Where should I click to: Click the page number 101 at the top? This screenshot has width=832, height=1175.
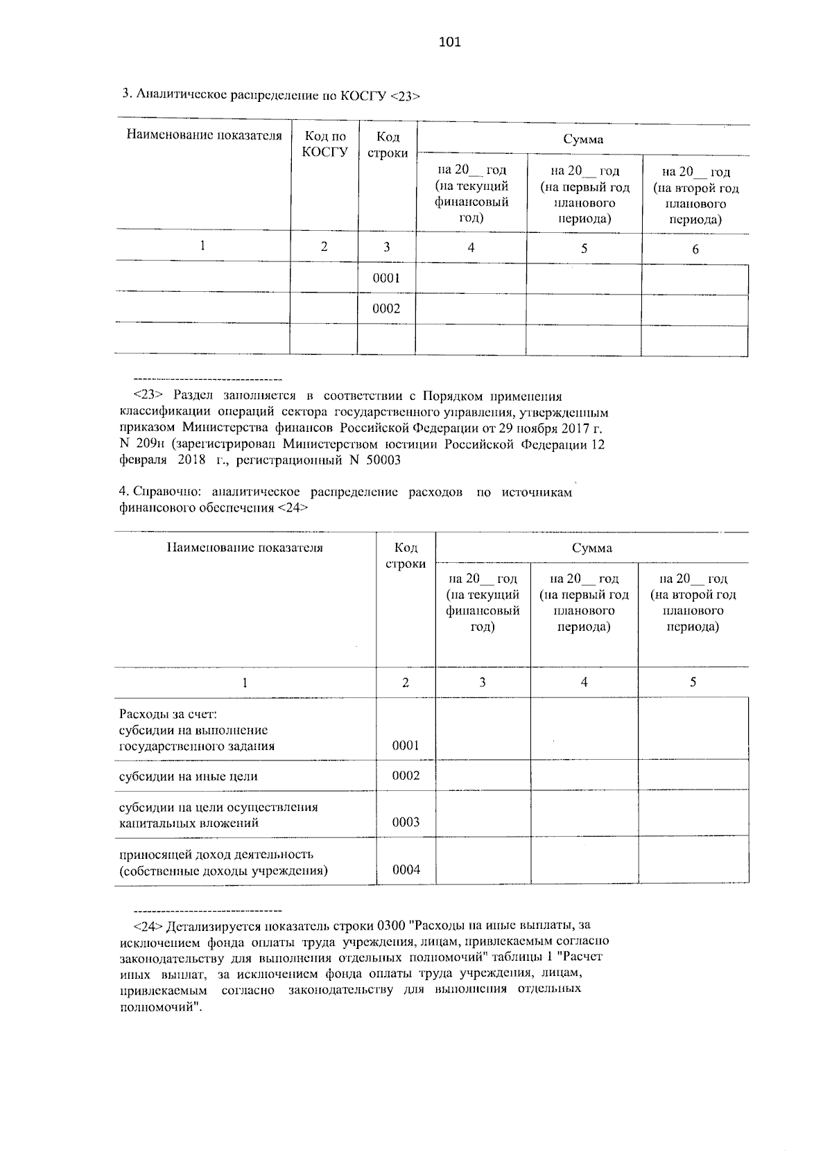449,42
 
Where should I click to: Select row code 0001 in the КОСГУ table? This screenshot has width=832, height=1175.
386,279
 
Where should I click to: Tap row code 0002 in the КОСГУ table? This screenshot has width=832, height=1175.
386,309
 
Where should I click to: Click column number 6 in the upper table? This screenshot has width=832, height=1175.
695,250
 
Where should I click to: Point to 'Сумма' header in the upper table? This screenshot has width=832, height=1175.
582,139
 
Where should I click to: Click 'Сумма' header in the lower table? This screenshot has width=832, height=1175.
591,548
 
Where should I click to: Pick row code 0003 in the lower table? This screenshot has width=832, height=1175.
406,823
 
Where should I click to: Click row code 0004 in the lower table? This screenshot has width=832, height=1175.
406,870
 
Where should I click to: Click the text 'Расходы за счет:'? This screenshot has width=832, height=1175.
168,714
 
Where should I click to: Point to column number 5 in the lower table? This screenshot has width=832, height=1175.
693,683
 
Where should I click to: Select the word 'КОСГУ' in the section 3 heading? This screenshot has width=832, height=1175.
363,96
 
